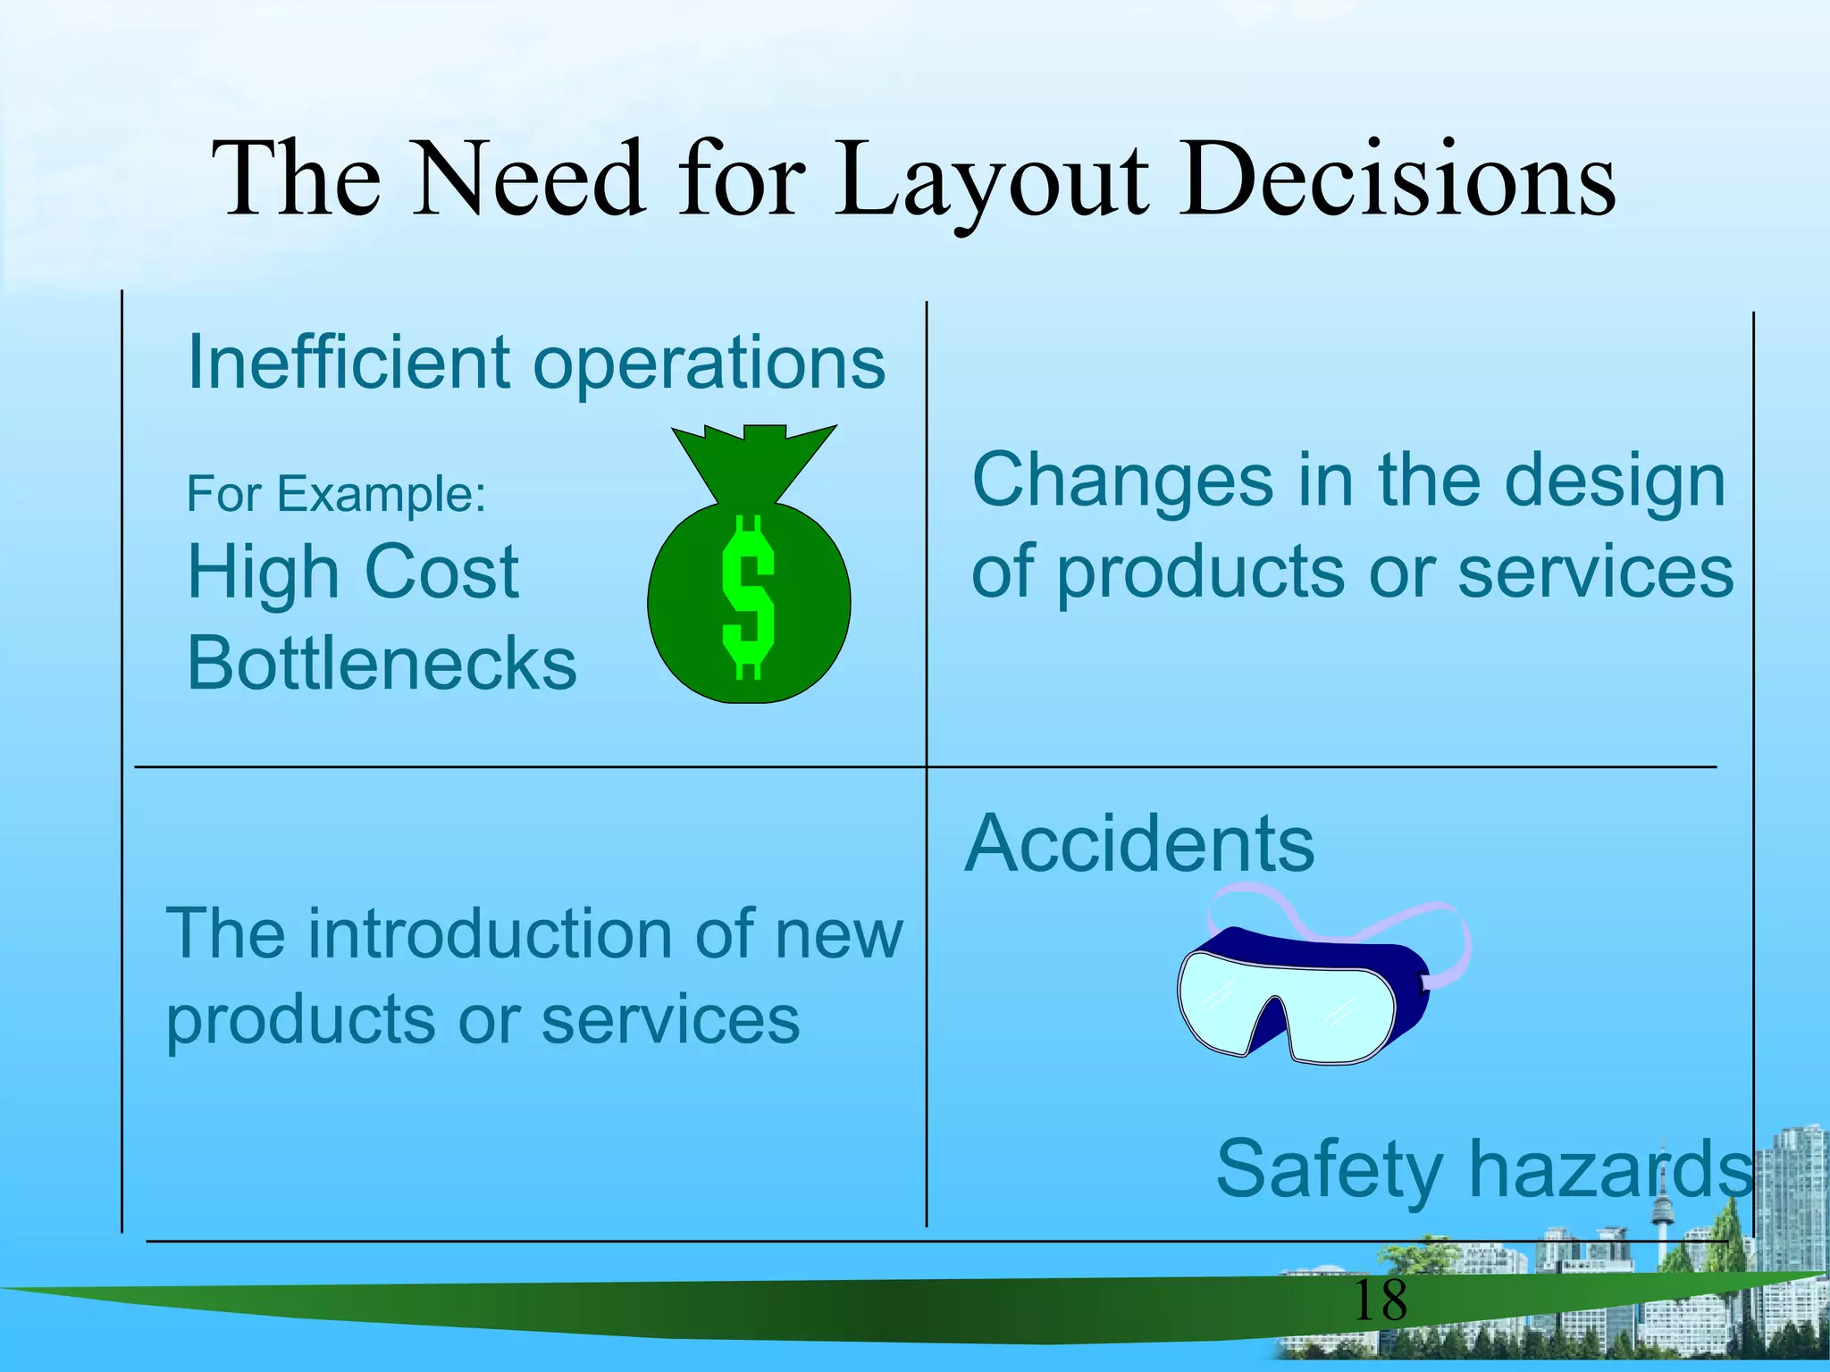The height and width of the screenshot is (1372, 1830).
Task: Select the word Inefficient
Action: pos(348,362)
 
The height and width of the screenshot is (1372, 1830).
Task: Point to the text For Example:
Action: pos(336,493)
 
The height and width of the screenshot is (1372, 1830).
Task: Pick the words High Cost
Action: pos(353,572)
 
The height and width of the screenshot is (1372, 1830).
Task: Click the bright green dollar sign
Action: pos(747,597)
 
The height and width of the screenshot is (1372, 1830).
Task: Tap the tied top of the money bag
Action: pos(753,456)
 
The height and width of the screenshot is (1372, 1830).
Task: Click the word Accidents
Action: pos(1139,843)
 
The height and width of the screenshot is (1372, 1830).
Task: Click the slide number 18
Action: pos(1380,1301)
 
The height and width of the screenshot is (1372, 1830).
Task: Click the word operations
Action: pos(709,362)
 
